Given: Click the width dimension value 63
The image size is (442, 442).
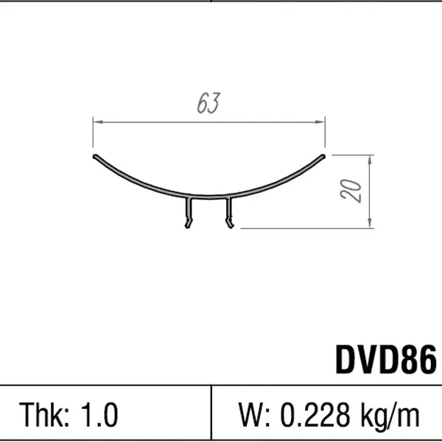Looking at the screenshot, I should click(208, 105).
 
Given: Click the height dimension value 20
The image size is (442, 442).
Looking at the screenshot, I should click(353, 191).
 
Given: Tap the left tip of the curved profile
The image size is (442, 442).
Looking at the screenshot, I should click(95, 156).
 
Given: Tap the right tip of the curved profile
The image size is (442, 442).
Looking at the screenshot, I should click(323, 156).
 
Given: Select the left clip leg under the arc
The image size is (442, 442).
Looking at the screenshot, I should click(188, 214).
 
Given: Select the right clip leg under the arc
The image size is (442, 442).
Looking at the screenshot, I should click(230, 214).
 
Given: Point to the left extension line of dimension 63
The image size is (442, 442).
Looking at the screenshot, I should click(93, 136).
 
